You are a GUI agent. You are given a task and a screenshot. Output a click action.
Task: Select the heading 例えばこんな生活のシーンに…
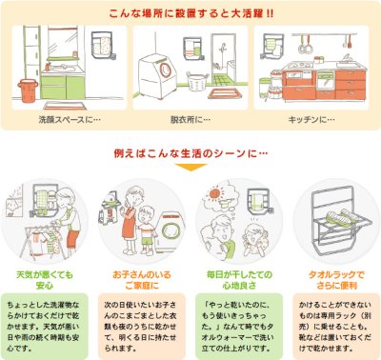click(x=190, y=151)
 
